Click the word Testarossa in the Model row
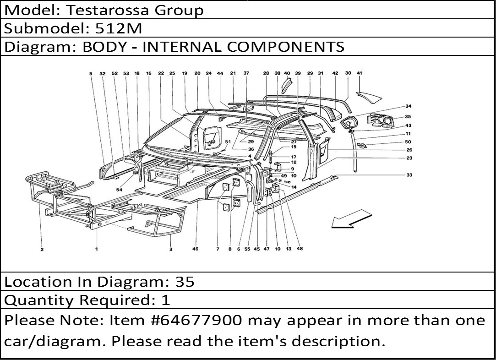click(107, 10)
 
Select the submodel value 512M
click(119, 29)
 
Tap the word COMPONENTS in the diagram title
click(286, 47)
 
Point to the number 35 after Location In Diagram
click(185, 282)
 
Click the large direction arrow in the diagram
click(351, 218)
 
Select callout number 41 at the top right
click(360, 73)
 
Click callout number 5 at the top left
click(91, 73)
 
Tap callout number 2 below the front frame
click(42, 249)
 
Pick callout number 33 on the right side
click(409, 175)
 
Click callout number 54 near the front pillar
click(119, 190)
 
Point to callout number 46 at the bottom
click(195, 249)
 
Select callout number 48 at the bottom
click(300, 249)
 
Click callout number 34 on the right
click(408, 106)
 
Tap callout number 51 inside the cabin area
click(228, 142)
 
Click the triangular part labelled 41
click(369, 98)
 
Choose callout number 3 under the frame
click(171, 249)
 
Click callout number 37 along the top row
click(246, 73)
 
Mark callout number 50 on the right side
click(408, 142)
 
